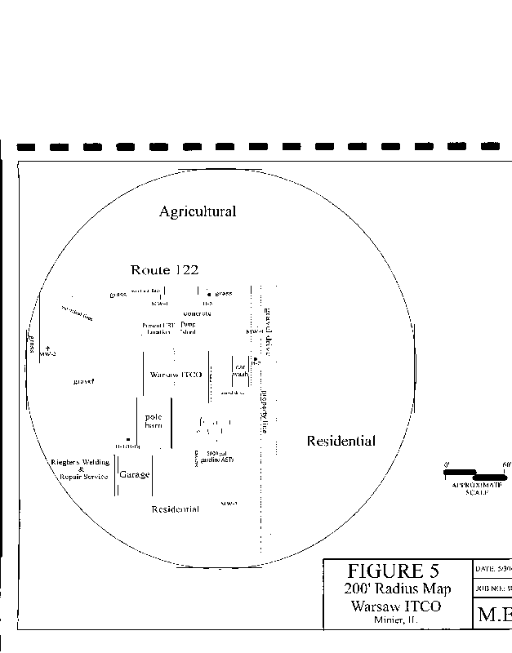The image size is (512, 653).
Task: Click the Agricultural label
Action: tap(198, 211)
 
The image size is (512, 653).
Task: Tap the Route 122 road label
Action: tap(164, 270)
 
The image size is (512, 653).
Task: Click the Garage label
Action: tap(135, 474)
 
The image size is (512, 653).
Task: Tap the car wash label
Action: tap(241, 371)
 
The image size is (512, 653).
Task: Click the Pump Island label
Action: tap(189, 328)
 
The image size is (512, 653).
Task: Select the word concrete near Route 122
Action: tap(197, 313)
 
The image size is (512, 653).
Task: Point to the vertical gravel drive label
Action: tap(267, 334)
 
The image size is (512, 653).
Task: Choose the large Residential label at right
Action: tap(341, 442)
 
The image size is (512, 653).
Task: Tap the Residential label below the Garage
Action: tap(175, 509)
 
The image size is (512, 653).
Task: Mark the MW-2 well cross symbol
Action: tap(47, 348)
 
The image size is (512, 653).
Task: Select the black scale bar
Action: tap(474, 474)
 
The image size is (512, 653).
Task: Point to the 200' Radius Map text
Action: tap(397, 590)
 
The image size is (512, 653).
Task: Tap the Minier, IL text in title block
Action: tap(396, 620)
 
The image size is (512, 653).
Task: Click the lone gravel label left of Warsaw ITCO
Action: tap(84, 381)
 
